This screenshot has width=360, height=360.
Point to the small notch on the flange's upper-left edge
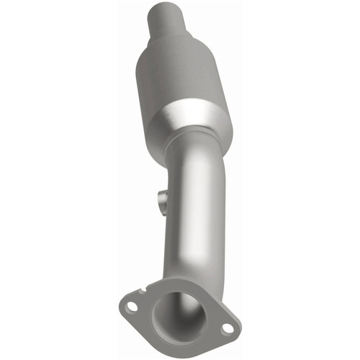[147, 290]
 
